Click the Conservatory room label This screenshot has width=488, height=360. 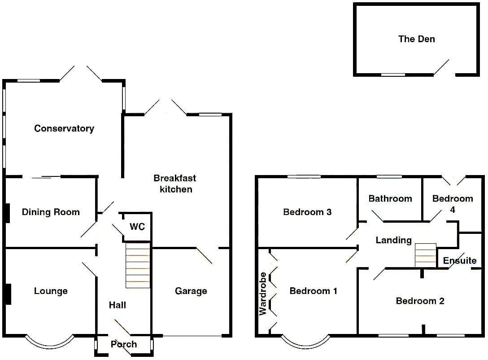click(x=64, y=128)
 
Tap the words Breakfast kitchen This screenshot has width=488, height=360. click(x=175, y=184)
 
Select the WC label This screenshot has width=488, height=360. click(x=137, y=226)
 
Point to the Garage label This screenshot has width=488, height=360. click(x=191, y=291)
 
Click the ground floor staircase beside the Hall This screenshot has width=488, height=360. click(x=138, y=265)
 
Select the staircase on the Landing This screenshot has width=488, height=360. click(x=426, y=255)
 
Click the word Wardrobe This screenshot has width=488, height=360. click(x=263, y=294)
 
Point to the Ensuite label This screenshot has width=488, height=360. click(x=460, y=260)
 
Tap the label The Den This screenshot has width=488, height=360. click(x=416, y=39)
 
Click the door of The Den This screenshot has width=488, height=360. click(x=441, y=67)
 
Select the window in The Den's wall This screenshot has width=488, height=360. click(x=393, y=75)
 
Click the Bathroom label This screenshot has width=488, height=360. click(x=390, y=198)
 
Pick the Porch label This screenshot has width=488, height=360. click(x=124, y=344)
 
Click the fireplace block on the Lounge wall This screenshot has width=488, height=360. click(x=8, y=294)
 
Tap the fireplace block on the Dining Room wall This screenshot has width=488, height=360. click(x=8, y=213)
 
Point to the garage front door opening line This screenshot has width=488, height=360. click(x=192, y=336)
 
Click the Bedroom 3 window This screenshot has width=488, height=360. click(x=304, y=176)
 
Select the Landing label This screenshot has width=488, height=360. click(x=394, y=240)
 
